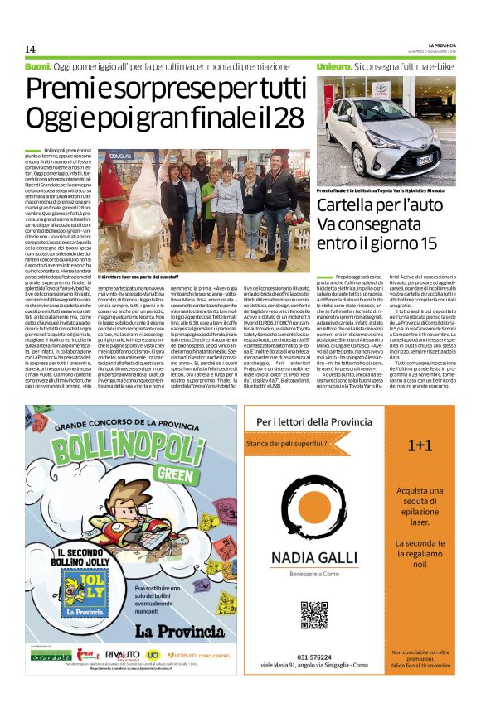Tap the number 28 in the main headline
point(287,118)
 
